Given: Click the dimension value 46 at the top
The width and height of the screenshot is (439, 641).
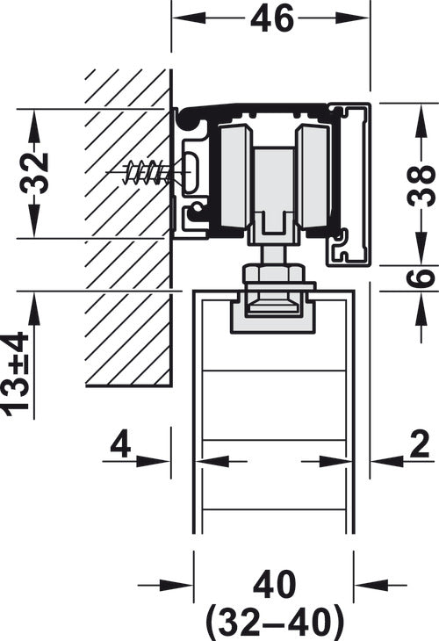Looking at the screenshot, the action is click(x=272, y=18).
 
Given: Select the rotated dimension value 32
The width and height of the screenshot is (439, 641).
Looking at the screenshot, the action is click(x=34, y=173).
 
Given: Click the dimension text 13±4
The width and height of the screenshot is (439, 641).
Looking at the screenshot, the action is click(x=16, y=374).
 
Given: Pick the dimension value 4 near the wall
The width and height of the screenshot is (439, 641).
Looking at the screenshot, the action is click(x=120, y=444).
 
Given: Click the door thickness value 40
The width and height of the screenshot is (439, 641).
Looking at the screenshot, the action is click(x=274, y=585).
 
